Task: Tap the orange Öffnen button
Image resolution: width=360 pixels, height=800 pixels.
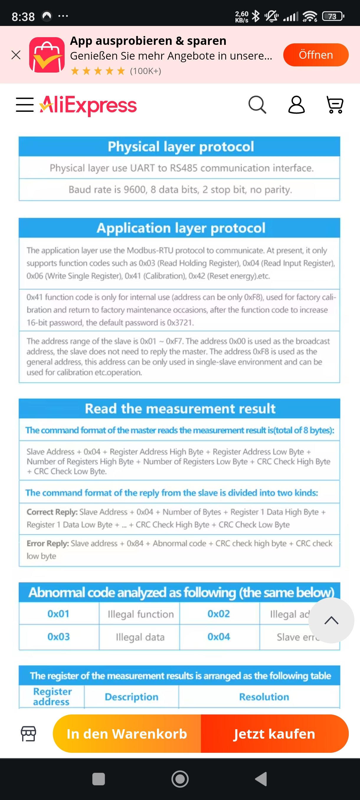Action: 315,55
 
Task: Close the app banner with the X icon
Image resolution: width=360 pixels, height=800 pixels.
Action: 16,55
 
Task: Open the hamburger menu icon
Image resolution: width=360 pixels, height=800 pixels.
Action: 25,105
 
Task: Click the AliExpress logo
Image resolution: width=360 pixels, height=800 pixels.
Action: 88,105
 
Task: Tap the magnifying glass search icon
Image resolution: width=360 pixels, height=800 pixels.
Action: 257,105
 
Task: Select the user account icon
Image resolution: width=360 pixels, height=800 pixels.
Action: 296,105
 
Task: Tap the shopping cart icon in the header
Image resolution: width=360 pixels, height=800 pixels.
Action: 335,105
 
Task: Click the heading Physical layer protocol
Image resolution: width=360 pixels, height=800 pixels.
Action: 181,147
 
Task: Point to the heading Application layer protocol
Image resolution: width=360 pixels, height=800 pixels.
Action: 181,228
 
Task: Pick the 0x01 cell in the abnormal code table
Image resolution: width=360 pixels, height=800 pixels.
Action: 58,614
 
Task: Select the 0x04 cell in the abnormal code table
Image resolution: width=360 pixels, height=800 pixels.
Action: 219,637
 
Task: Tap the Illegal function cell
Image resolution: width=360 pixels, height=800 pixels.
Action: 140,614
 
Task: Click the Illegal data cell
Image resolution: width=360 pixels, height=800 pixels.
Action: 140,637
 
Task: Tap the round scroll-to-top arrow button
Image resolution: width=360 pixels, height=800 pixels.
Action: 331,620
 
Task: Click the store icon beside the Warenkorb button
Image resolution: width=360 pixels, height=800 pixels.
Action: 28,734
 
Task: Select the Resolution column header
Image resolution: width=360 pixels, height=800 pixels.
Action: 264,697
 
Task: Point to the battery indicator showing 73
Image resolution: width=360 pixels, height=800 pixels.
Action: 333,16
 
